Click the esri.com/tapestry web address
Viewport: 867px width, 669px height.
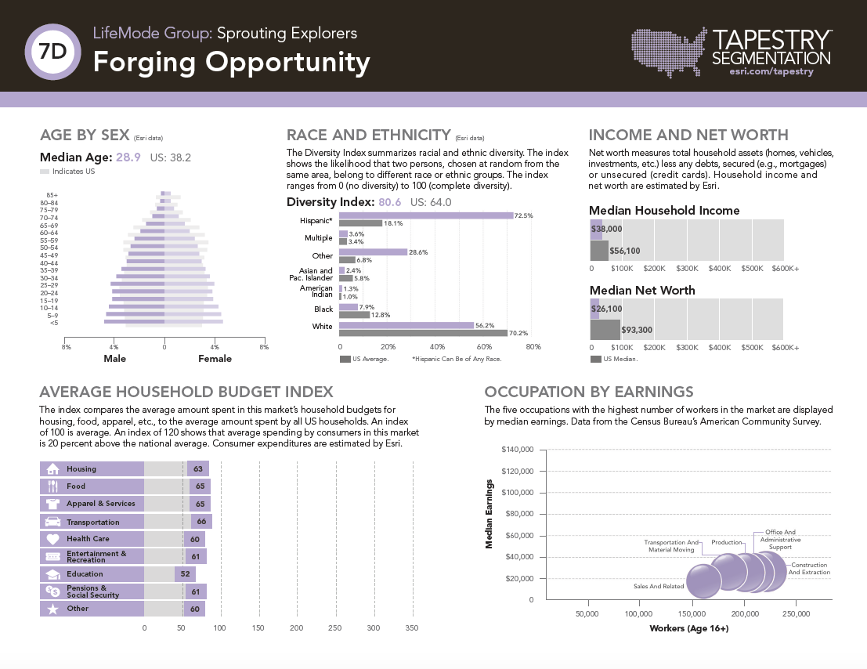pyautogui.click(x=771, y=71)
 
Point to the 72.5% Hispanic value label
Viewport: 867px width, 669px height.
pyautogui.click(x=523, y=215)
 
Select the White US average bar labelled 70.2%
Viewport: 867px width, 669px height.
pyautogui.click(x=423, y=333)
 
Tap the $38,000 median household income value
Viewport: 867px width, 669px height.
pyautogui.click(x=607, y=229)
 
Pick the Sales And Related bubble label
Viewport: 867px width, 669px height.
pyautogui.click(x=658, y=586)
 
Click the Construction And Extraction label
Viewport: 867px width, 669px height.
pyautogui.click(x=809, y=569)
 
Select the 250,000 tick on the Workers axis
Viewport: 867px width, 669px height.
pyautogui.click(x=797, y=614)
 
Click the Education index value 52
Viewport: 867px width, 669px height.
pyautogui.click(x=185, y=574)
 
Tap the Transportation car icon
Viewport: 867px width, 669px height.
pyautogui.click(x=53, y=522)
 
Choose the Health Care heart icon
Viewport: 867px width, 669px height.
pyautogui.click(x=53, y=539)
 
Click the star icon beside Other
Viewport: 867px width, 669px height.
pyautogui.click(x=53, y=609)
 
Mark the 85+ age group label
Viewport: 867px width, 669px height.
pyautogui.click(x=52, y=194)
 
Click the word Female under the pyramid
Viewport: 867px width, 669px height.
pyautogui.click(x=215, y=359)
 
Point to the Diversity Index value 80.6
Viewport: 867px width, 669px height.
pyautogui.click(x=389, y=202)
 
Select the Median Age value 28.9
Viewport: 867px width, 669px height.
pyautogui.click(x=128, y=157)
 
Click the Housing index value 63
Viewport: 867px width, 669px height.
pyautogui.click(x=198, y=469)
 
